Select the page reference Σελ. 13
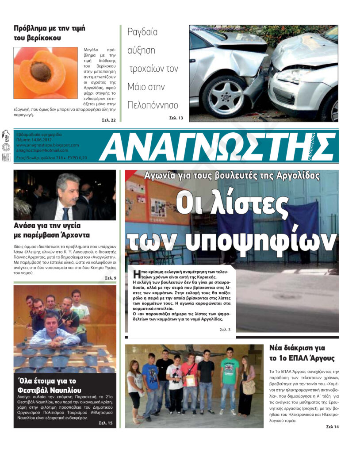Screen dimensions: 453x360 (x=176, y=118)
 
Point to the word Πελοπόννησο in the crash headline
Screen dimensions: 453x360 (x=153, y=105)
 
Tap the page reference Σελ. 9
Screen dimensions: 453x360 (x=111, y=278)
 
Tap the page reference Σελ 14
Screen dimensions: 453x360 (x=332, y=426)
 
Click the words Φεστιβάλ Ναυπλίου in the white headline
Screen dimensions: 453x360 (x=50, y=390)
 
